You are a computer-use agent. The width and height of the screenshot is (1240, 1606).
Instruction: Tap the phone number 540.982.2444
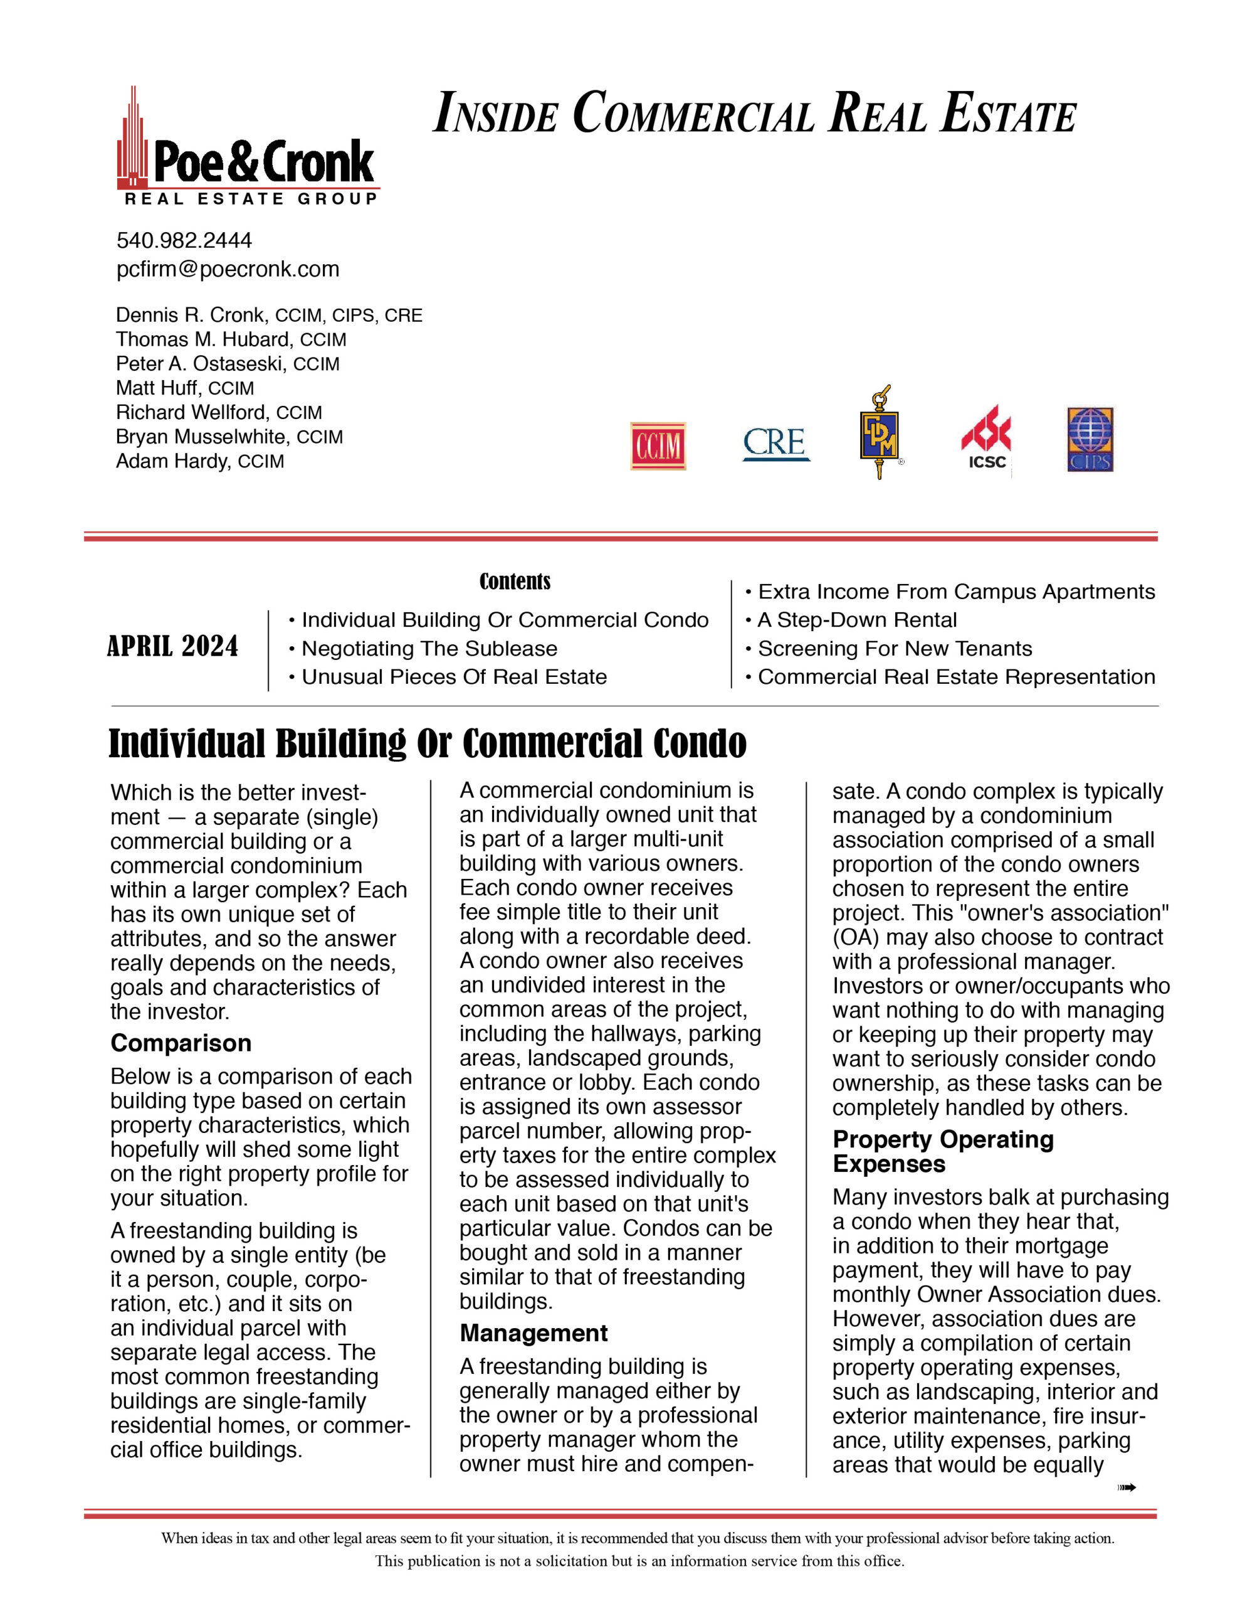click(184, 240)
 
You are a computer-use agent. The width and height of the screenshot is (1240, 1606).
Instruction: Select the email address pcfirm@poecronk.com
click(228, 269)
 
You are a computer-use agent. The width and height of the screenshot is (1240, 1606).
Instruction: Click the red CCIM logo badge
click(657, 445)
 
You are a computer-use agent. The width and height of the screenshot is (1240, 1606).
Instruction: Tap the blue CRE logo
click(775, 444)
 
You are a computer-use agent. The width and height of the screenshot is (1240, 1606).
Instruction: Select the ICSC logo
click(985, 437)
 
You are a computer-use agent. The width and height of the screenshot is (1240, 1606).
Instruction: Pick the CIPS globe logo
click(1090, 439)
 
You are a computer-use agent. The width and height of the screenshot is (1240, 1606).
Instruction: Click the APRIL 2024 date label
click(173, 646)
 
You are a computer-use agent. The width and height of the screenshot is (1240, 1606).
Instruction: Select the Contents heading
click(515, 581)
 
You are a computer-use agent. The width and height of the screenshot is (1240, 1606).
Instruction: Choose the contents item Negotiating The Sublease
click(429, 649)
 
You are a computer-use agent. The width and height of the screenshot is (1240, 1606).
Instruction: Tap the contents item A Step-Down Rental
click(856, 620)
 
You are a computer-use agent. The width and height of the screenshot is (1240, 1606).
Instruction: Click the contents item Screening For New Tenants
click(895, 649)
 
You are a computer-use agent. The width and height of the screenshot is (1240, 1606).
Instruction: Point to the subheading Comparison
click(181, 1043)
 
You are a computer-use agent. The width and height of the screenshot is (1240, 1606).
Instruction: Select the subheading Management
click(533, 1333)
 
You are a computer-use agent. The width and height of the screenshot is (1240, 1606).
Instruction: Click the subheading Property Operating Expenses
click(942, 1152)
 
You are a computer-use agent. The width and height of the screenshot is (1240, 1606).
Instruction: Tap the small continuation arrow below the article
click(1126, 1487)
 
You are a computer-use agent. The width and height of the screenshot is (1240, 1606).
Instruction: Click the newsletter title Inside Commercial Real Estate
click(755, 114)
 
